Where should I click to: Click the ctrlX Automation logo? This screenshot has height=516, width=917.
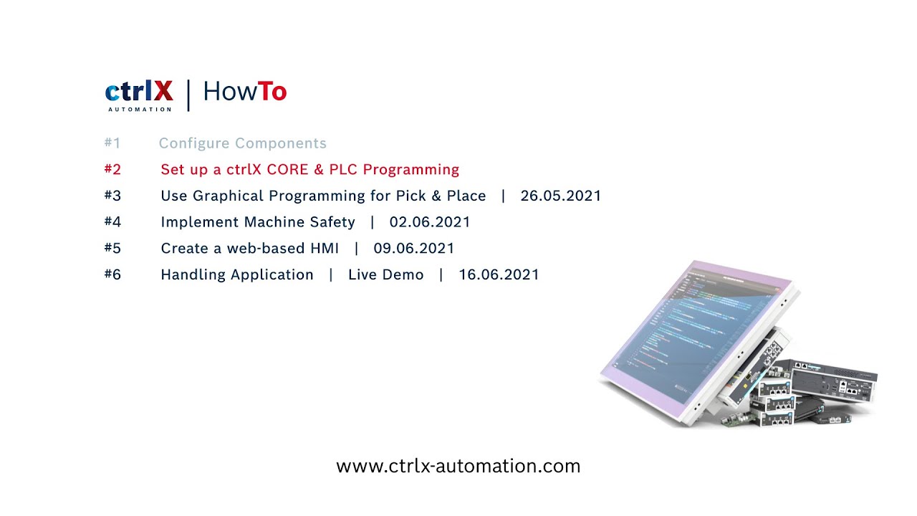pyautogui.click(x=139, y=94)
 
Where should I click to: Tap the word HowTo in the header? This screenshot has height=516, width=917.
pyautogui.click(x=244, y=92)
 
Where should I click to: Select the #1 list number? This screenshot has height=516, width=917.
pyautogui.click(x=112, y=143)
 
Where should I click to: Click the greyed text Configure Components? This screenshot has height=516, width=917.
pyautogui.click(x=242, y=143)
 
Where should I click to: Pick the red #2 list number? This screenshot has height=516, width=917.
pyautogui.click(x=112, y=169)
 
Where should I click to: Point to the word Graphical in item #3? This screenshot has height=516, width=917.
pyautogui.click(x=229, y=196)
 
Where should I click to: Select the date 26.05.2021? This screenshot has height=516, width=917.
pyautogui.click(x=560, y=196)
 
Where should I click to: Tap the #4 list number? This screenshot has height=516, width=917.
pyautogui.click(x=112, y=221)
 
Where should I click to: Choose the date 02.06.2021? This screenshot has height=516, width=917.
pyautogui.click(x=430, y=222)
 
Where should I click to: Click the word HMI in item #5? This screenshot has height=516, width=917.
pyautogui.click(x=325, y=248)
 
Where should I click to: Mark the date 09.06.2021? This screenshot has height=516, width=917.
pyautogui.click(x=414, y=248)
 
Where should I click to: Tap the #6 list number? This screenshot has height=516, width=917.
pyautogui.click(x=112, y=274)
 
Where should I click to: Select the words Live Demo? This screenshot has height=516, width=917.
pyautogui.click(x=385, y=274)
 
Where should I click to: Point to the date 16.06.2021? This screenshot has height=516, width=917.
pyautogui.click(x=499, y=274)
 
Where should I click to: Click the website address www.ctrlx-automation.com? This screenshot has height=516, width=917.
pyautogui.click(x=458, y=467)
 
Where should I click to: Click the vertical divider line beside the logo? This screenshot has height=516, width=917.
pyautogui.click(x=188, y=95)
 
